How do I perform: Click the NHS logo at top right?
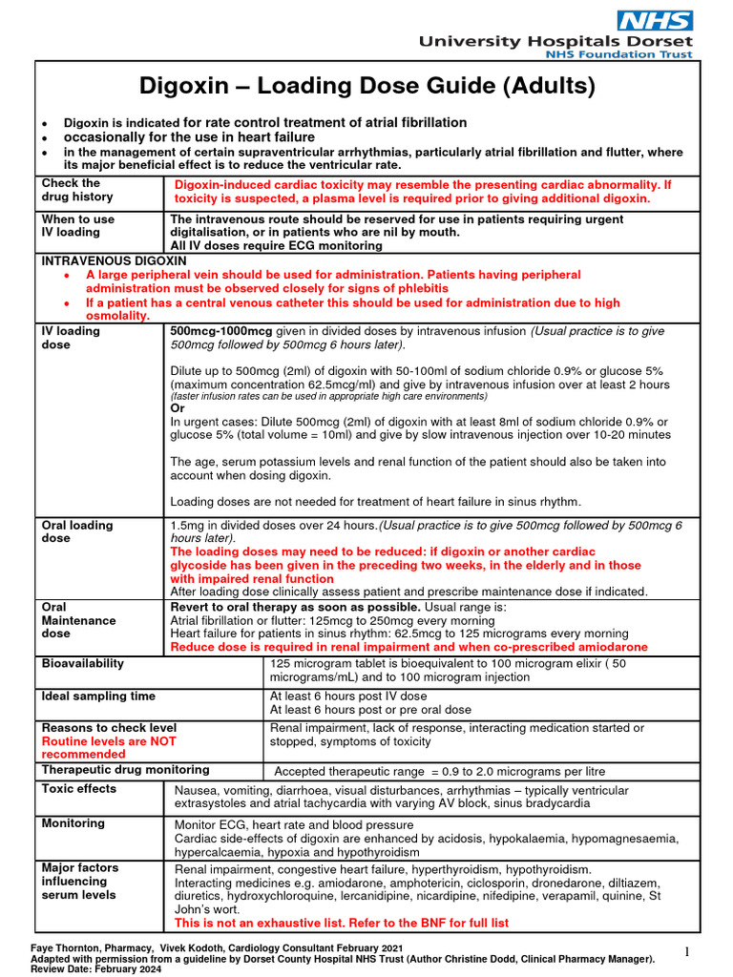coord(655,20)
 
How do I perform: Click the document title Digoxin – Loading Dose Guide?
coord(367,87)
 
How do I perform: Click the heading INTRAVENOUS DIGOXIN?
coord(114,260)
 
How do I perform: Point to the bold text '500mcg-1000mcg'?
coord(221,331)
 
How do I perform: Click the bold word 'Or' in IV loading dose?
coord(178,408)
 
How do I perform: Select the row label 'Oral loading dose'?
coord(77,531)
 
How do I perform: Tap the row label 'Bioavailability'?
coord(82,663)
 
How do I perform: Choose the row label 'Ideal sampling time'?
coord(99,696)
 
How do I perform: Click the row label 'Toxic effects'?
coord(79,789)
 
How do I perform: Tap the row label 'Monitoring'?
coord(73,823)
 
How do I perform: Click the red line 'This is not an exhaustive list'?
coord(342,923)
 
